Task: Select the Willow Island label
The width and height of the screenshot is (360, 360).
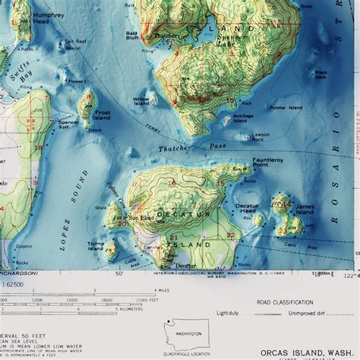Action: pyautogui.click(x=141, y=102)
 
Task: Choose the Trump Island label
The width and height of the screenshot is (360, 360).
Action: pyautogui.click(x=96, y=246)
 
